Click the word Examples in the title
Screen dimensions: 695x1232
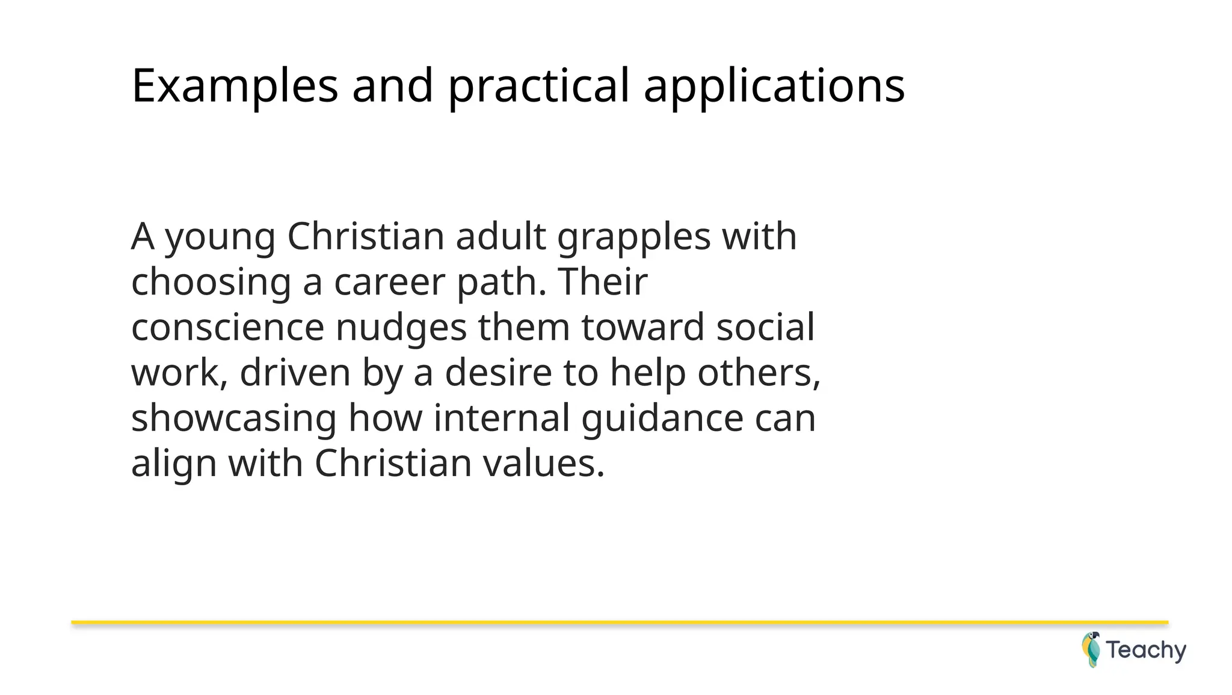(x=235, y=86)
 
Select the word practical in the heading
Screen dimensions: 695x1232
(x=538, y=86)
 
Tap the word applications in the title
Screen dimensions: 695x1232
(x=774, y=86)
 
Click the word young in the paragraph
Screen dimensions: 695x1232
(x=220, y=237)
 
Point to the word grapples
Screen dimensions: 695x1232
(x=634, y=237)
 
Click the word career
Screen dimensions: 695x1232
(x=389, y=282)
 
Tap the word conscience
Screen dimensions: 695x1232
(x=227, y=328)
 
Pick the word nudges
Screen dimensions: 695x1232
(x=401, y=328)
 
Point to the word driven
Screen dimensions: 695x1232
(x=295, y=373)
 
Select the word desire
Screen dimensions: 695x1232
(x=498, y=373)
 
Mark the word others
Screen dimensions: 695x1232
(x=759, y=373)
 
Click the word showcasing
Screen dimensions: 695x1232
(x=233, y=418)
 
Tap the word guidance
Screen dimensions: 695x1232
(x=662, y=418)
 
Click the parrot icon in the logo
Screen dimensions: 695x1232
(x=1091, y=649)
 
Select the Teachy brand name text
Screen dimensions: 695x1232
(x=1146, y=651)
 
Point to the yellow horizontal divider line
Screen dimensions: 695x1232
(x=620, y=622)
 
